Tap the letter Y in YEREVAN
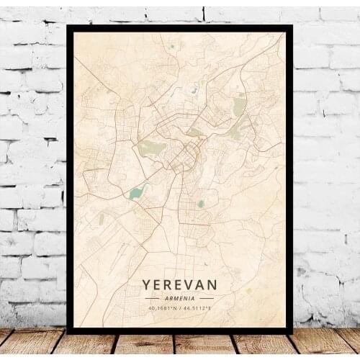pos(147,284)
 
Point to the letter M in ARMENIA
pos(176,297)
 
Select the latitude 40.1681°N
pos(162,308)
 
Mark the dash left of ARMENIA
pos(152,297)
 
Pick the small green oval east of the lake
pos(201,204)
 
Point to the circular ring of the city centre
pos(189,153)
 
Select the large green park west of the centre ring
pos(152,148)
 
